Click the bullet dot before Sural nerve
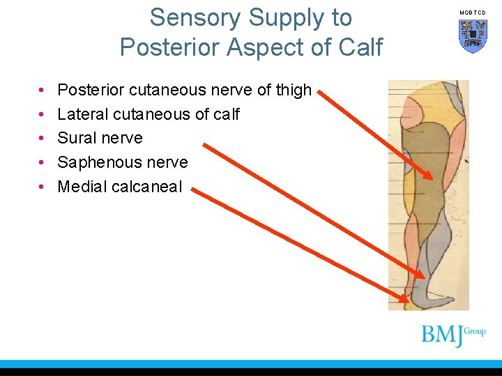tap(42, 138)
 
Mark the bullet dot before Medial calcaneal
tap(42, 187)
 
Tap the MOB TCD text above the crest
tap(473, 13)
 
